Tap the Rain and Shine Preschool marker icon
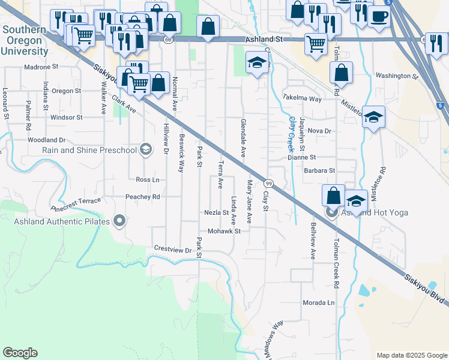[x=146, y=149]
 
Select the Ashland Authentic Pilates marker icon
[x=119, y=221]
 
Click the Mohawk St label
[x=224, y=231]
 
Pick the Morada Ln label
[x=318, y=302]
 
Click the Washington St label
[x=397, y=77]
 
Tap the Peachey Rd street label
[x=142, y=196]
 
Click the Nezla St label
[x=216, y=212]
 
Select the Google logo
[x=20, y=353]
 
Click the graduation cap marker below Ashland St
[x=257, y=63]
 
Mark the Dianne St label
[x=301, y=157]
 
